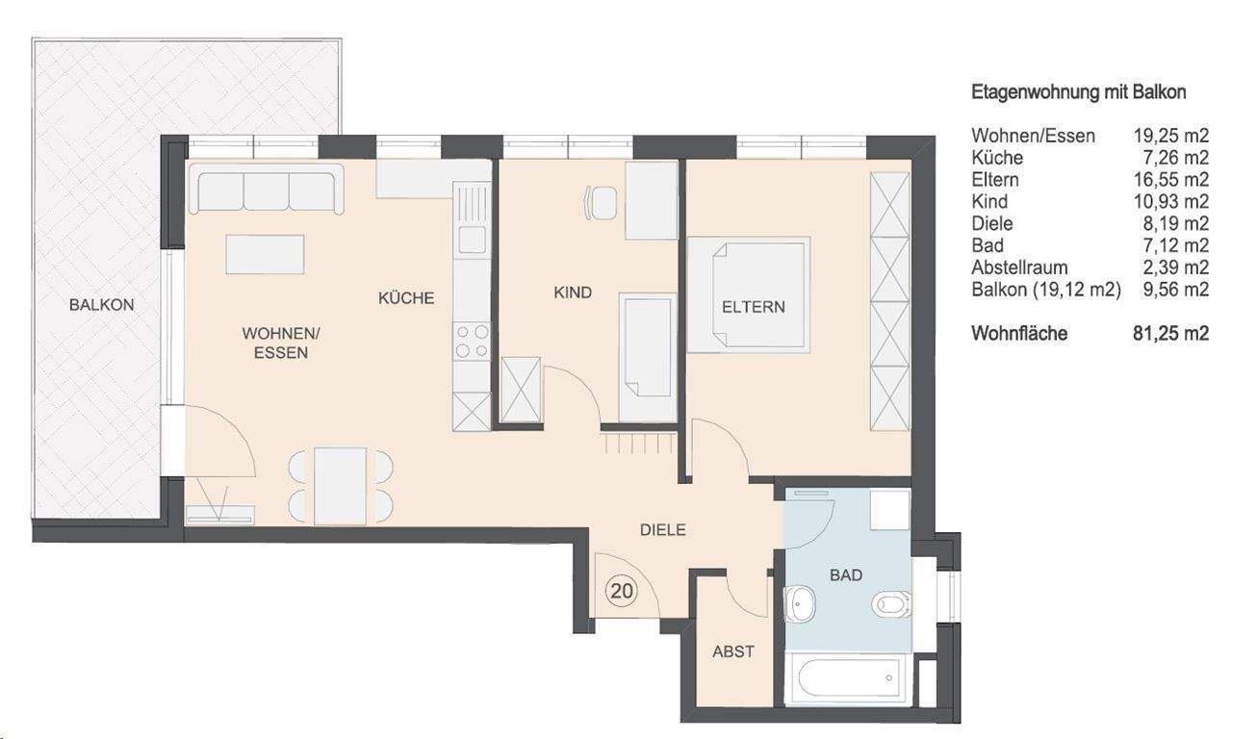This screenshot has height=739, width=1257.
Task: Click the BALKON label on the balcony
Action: (102, 305)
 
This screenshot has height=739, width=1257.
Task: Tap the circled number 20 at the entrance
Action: (621, 591)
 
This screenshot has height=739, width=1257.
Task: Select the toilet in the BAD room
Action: (891, 604)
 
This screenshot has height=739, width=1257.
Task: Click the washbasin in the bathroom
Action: (800, 603)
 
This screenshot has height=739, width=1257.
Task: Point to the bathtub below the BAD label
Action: (848, 677)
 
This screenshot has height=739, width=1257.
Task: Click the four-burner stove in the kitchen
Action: (472, 341)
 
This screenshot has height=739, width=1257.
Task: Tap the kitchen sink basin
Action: (472, 240)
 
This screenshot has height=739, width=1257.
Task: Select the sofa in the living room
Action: (266, 190)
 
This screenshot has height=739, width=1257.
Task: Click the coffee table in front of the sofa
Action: (265, 254)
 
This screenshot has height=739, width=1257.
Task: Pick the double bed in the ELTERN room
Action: (749, 295)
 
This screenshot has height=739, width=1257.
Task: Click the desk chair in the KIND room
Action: (601, 203)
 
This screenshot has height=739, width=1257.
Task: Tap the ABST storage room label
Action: (732, 651)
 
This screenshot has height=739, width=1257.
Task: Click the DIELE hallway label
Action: (663, 529)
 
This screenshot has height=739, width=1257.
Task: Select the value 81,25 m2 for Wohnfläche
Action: (1170, 333)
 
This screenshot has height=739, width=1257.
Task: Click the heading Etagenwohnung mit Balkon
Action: (1079, 92)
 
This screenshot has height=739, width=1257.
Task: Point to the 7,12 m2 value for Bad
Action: (1175, 245)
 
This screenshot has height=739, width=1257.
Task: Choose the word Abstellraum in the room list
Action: (1019, 268)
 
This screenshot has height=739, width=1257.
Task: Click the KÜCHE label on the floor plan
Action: (406, 297)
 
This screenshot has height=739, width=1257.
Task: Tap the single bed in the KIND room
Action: (648, 357)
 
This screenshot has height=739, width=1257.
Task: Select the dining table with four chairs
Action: (340, 486)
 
